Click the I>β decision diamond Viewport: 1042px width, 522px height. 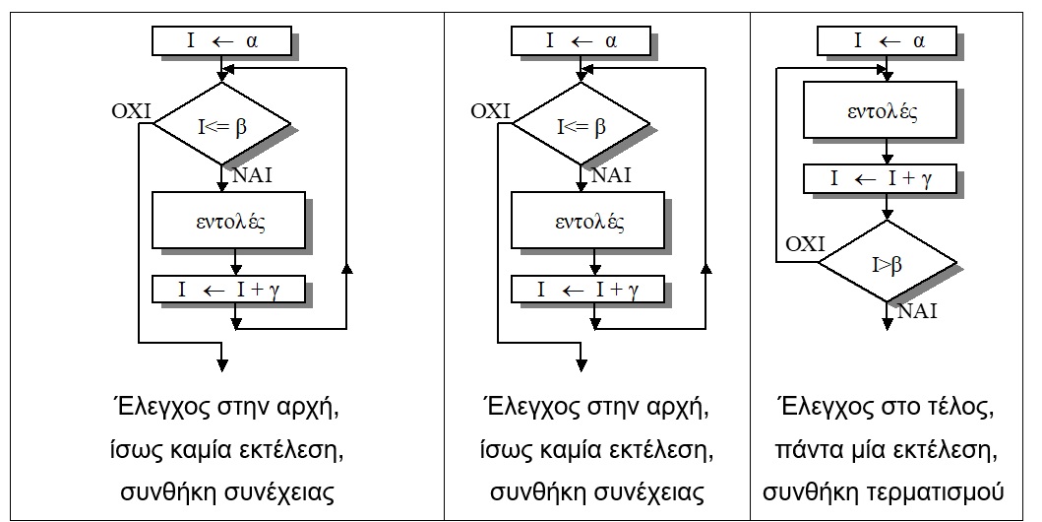coord(888,264)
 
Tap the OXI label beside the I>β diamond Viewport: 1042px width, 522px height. coord(804,243)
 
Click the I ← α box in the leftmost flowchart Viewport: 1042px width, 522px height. coord(222,41)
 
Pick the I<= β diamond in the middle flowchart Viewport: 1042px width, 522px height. coord(582,125)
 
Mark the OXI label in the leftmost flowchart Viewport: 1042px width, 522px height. coord(131,110)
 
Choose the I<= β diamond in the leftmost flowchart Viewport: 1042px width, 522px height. coord(223,125)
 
